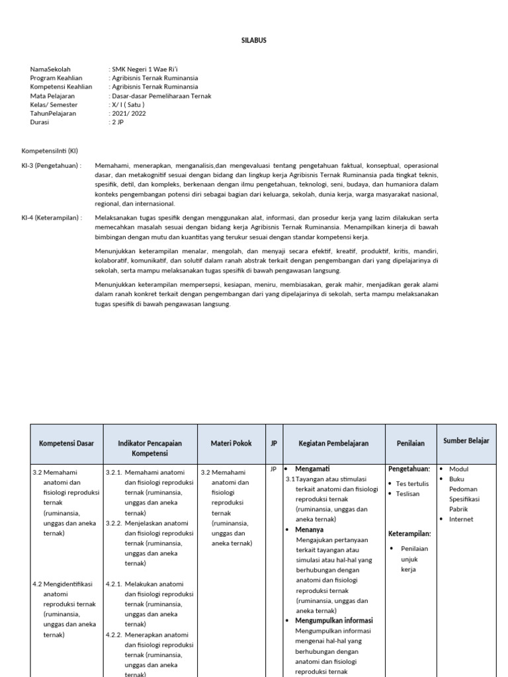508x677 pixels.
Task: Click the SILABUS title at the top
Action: point(253,40)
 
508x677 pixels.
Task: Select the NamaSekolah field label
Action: point(50,69)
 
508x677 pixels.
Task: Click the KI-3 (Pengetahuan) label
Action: point(52,165)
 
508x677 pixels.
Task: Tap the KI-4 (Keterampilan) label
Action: point(52,217)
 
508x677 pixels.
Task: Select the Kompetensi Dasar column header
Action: point(66,444)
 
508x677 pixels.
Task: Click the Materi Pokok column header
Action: point(231,444)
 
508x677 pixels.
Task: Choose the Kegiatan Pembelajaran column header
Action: point(333,444)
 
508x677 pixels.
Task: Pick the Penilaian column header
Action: point(410,444)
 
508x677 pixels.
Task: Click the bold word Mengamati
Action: point(312,469)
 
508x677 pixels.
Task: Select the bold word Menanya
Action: point(309,530)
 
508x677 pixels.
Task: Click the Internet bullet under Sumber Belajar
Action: point(461,519)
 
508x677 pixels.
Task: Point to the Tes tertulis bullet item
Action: point(412,483)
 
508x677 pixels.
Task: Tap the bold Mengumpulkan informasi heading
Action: point(334,621)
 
